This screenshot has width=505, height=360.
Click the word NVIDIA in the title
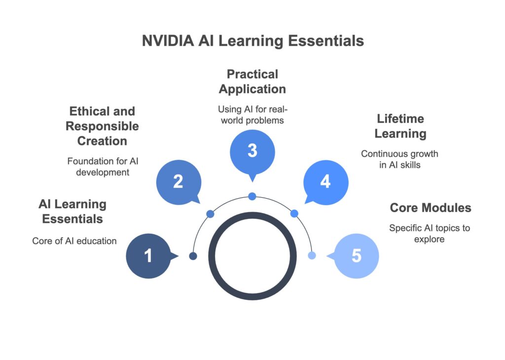click(168, 41)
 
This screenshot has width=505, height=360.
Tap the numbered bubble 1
click(149, 256)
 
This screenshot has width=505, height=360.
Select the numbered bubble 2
click(179, 182)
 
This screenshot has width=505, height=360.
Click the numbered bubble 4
click(326, 182)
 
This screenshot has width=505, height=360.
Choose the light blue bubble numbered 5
click(356, 256)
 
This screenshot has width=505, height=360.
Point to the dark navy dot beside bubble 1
click(193, 256)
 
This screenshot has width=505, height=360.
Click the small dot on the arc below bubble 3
click(252, 196)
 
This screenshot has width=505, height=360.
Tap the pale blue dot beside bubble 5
click(312, 255)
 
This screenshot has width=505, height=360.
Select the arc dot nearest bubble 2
click(210, 214)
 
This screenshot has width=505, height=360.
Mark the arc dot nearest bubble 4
click(294, 214)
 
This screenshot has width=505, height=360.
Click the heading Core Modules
click(431, 208)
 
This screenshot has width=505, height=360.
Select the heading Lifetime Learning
click(400, 126)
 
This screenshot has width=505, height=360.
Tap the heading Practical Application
click(252, 82)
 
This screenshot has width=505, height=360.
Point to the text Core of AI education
click(74, 241)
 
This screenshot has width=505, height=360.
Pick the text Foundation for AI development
click(103, 167)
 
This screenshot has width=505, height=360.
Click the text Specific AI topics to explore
click(430, 233)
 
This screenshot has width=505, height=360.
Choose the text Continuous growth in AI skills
click(399, 159)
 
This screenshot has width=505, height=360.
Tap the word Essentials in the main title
click(326, 41)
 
